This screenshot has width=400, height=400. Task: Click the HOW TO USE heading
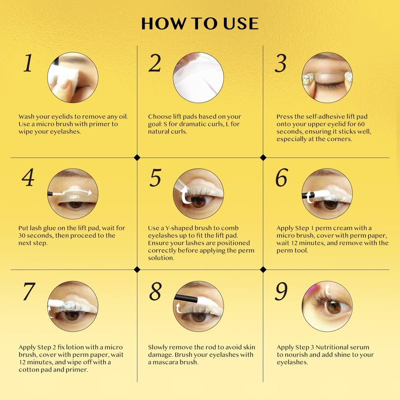[x=200, y=23]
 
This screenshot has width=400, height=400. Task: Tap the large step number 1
[x=28, y=63]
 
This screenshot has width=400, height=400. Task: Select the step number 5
[x=155, y=177]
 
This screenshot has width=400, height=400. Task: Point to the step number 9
[x=281, y=291]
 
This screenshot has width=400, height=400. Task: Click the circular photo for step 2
[x=198, y=77]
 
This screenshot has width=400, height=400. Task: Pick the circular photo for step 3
[x=327, y=77]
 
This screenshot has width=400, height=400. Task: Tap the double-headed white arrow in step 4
[x=77, y=192]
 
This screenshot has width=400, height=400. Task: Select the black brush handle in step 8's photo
[x=185, y=298]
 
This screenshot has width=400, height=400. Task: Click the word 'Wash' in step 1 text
[x=26, y=117]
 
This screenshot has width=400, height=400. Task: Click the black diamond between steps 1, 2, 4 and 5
[x=137, y=157]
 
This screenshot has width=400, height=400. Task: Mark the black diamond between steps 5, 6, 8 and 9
[x=263, y=269]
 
